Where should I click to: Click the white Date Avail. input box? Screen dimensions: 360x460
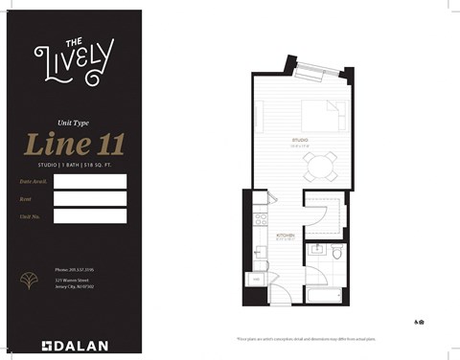pyautogui.click(x=90, y=181)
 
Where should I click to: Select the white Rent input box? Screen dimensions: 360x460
pyautogui.click(x=90, y=198)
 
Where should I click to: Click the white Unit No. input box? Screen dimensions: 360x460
pyautogui.click(x=90, y=216)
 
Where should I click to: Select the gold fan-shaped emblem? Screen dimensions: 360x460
pyautogui.click(x=29, y=281)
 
